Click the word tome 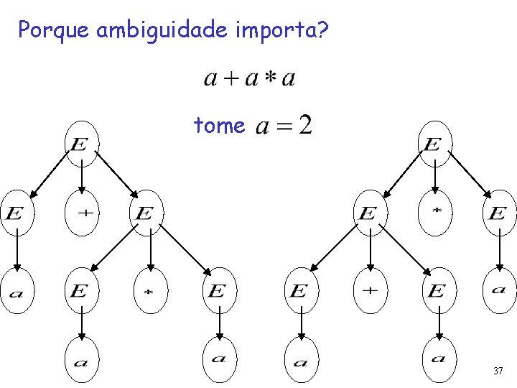click(219, 126)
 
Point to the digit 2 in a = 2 click(304, 126)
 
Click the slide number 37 click(498, 371)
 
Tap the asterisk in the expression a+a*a click(269, 78)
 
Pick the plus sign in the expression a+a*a click(230, 78)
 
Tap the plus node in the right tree click(369, 291)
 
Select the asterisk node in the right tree click(435, 213)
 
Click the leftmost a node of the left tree click(16, 291)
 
